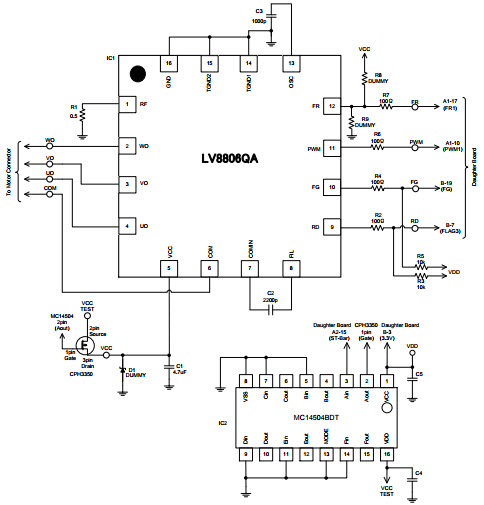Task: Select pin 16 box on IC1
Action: pyautogui.click(x=168, y=63)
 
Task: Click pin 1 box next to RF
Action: pyautogui.click(x=127, y=104)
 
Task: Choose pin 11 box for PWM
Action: pyautogui.click(x=332, y=146)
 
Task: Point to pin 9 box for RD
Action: pyautogui.click(x=332, y=228)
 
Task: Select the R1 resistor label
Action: pyautogui.click(x=73, y=107)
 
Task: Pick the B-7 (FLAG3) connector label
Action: pyautogui.click(x=451, y=229)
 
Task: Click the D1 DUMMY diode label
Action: pyautogui.click(x=132, y=371)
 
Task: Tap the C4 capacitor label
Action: pyautogui.click(x=418, y=471)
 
